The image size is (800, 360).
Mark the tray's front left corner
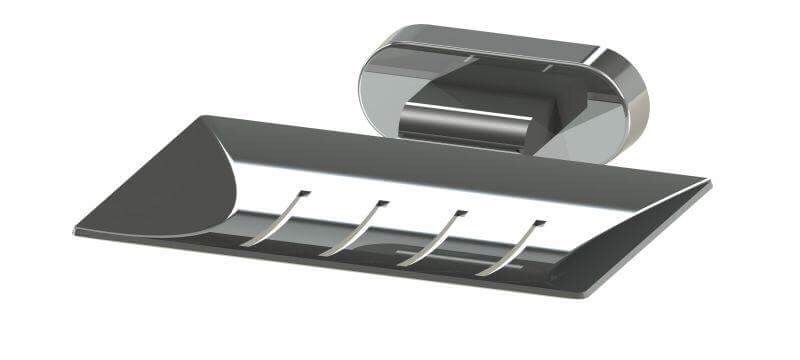(78, 232)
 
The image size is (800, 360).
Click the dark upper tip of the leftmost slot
(305, 192)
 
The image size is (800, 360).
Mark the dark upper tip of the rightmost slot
(540, 222)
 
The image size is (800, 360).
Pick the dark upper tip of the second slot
(382, 203)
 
